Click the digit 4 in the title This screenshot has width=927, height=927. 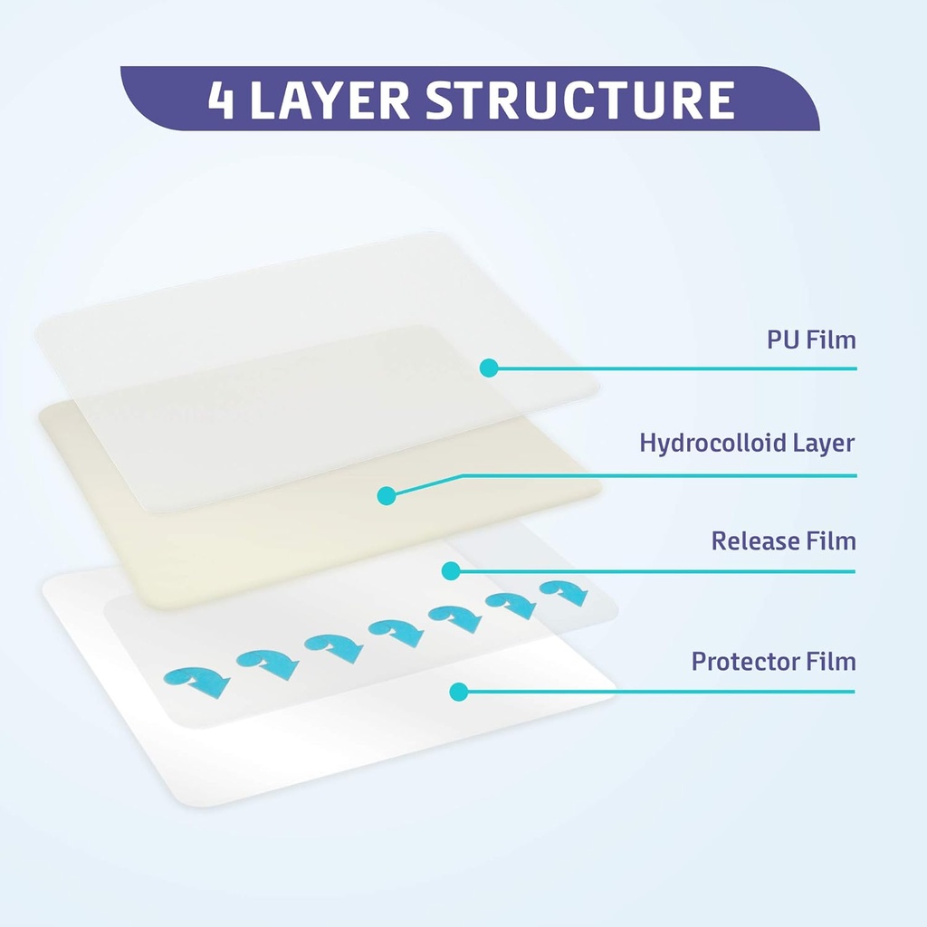tap(222, 100)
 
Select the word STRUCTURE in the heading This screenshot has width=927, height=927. tap(579, 100)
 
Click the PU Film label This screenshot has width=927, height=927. tap(806, 340)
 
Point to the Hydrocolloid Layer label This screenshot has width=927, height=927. tap(747, 443)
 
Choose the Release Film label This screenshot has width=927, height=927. tap(783, 541)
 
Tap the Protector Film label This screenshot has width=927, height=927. tap(773, 661)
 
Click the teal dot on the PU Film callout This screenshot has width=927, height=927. tap(489, 368)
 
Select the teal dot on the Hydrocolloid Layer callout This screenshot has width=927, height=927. tap(387, 495)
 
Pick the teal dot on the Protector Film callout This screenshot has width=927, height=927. tap(458, 693)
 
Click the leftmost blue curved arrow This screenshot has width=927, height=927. tap(196, 679)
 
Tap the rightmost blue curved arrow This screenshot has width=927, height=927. tap(564, 592)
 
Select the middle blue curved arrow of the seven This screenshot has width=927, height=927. tap(395, 631)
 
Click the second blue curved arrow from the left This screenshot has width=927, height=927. tap(268, 664)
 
